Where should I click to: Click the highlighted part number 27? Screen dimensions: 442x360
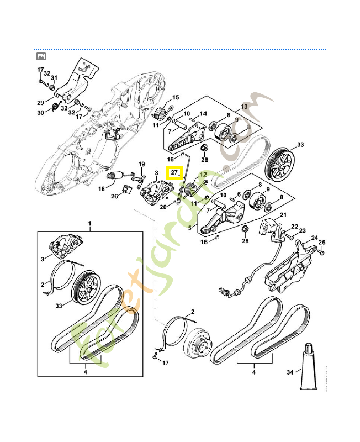174,173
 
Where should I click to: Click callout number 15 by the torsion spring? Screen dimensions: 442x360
176,97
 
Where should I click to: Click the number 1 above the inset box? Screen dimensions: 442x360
90,223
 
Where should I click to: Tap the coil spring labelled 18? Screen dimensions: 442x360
114,178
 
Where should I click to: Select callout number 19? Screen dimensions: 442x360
141,164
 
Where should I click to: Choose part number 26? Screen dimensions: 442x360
114,196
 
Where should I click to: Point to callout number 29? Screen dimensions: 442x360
40,102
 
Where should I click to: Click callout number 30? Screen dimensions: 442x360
40,113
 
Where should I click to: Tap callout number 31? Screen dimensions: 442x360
55,77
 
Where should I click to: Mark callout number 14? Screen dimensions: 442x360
203,113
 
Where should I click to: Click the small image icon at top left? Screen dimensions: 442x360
41,56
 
